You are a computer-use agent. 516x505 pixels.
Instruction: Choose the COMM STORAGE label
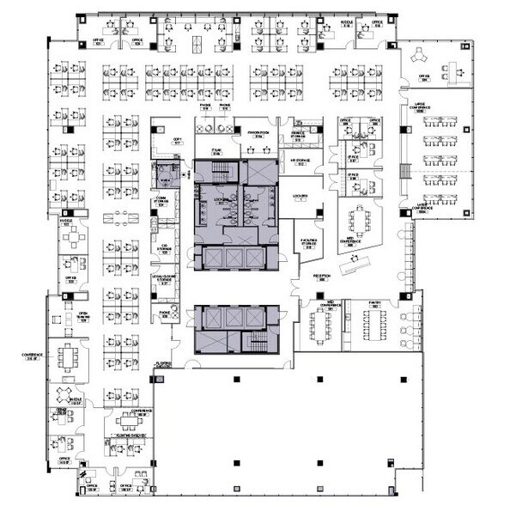click(x=161, y=204)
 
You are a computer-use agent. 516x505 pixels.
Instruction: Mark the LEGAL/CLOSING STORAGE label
click(x=164, y=278)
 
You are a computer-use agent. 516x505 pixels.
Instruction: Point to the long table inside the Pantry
click(x=376, y=324)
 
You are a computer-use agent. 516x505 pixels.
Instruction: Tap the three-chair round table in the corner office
click(x=422, y=56)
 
